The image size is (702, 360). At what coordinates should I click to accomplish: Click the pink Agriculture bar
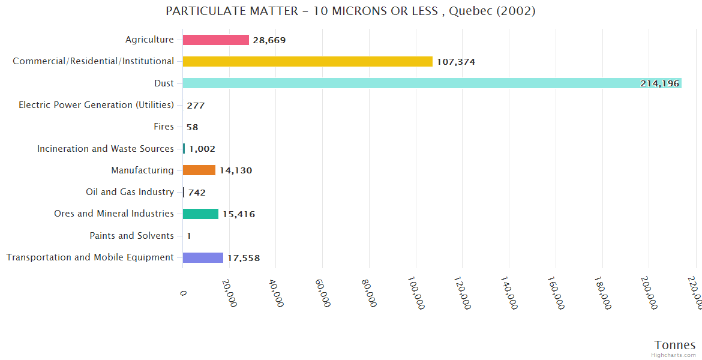215,40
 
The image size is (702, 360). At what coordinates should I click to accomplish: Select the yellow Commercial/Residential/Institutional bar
307,61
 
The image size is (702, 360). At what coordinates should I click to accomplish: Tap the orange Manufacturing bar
199,170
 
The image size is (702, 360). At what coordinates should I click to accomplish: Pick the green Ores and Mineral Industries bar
200,214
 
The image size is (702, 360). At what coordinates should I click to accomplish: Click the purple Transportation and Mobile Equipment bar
203,257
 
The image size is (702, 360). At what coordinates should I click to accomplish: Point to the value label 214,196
659,83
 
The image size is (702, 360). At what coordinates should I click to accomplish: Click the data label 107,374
456,62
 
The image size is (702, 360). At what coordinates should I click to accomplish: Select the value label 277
196,106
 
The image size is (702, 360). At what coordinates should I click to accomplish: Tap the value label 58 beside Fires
192,127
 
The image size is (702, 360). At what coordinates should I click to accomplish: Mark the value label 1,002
202,149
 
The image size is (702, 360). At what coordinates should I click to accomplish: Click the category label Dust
164,83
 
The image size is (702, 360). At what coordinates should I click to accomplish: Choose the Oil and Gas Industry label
130,192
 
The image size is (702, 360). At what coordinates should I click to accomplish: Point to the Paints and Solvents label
131,236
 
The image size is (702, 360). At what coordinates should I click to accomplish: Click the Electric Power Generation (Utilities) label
96,105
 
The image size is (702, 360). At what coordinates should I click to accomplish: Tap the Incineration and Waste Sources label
105,148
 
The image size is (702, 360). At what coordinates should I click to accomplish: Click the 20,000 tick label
229,293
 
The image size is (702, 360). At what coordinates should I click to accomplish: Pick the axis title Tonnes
674,345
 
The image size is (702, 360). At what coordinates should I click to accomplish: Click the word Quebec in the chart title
470,11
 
